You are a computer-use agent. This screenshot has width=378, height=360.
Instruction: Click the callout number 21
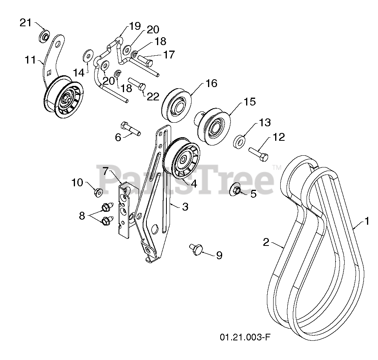click(x=26, y=23)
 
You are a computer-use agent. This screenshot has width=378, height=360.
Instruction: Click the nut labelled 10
click(x=98, y=192)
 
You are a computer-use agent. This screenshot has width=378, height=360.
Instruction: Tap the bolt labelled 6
click(x=130, y=129)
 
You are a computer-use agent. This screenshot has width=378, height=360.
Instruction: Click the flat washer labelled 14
click(x=87, y=55)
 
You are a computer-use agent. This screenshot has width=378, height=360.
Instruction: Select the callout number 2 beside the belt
click(x=266, y=243)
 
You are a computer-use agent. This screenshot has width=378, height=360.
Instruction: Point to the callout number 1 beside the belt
click(x=366, y=222)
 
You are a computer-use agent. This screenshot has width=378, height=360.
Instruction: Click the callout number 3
click(x=185, y=207)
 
